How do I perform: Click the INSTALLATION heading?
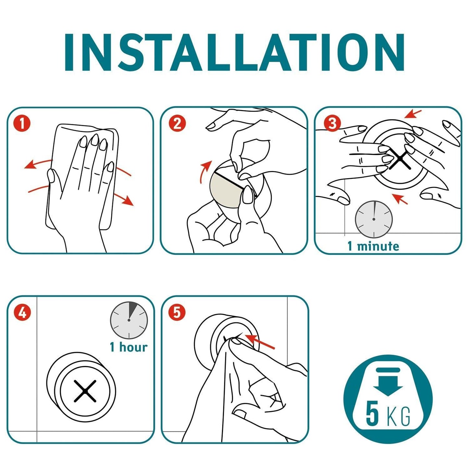(x=234, y=52)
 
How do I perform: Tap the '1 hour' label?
(x=129, y=347)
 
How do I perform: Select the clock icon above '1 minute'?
(x=374, y=219)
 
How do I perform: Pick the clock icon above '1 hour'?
(x=129, y=320)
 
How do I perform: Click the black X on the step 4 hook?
(x=85, y=391)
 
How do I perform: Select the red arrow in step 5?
(x=259, y=341)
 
